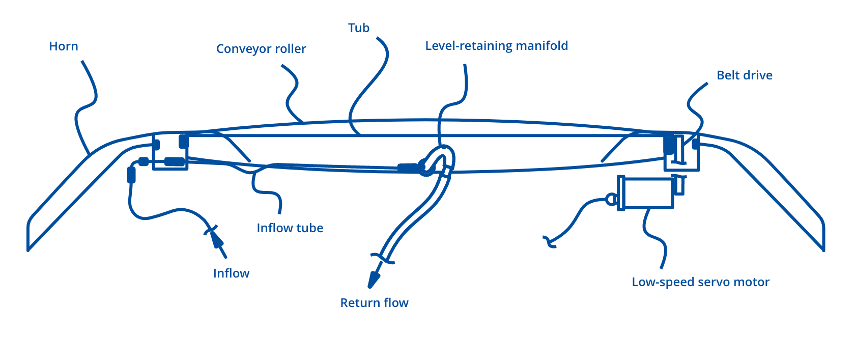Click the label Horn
pos(64,46)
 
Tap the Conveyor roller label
pos(261,49)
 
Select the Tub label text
pos(359,28)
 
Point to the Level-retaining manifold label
pos(496,46)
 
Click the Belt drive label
pos(745,75)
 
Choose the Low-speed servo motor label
pos(700,282)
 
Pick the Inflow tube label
pos(290,228)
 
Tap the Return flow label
pos(374,303)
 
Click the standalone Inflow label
pos(232,273)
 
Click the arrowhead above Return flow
pos(374,279)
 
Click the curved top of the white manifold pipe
pos(442,152)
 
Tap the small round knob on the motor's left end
pos(610,199)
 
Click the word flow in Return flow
pos(396,303)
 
